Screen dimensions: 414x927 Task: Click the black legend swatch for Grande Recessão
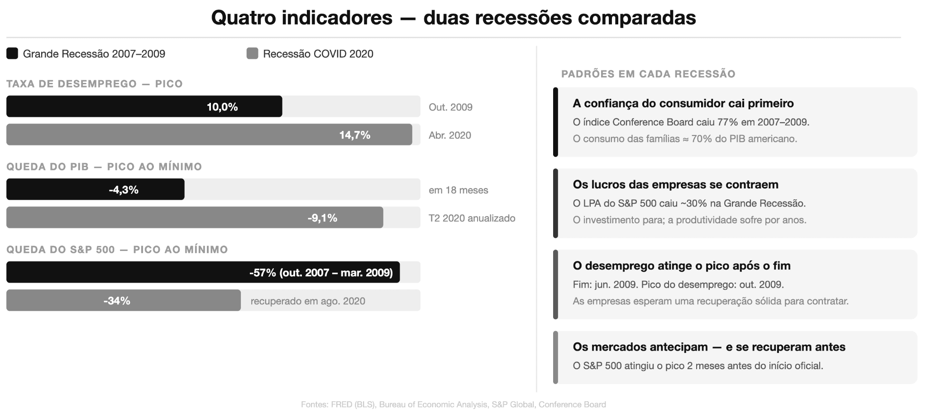coord(12,53)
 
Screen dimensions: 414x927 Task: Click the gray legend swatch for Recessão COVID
coord(252,53)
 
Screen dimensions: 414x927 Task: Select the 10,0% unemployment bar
coord(144,106)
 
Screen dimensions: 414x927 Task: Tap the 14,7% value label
coord(354,135)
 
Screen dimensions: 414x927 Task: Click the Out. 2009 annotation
coord(450,107)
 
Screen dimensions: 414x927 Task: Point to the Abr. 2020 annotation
coord(449,135)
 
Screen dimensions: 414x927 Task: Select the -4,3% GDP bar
coord(95,189)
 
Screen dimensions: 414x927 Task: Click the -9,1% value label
coord(322,218)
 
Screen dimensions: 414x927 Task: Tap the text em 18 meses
coord(458,190)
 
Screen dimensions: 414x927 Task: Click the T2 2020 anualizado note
coord(472,218)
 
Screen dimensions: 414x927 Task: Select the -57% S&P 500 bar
coord(203,272)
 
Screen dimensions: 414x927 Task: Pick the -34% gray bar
coord(123,300)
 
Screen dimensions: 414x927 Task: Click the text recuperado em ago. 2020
coord(308,301)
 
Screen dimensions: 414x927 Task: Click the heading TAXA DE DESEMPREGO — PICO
coord(94,84)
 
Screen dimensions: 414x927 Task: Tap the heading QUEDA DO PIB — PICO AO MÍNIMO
coord(104,167)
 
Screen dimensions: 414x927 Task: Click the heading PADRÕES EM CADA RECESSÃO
coord(648,74)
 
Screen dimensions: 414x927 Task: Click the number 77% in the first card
coord(727,122)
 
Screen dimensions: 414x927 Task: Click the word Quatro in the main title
coord(244,18)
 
